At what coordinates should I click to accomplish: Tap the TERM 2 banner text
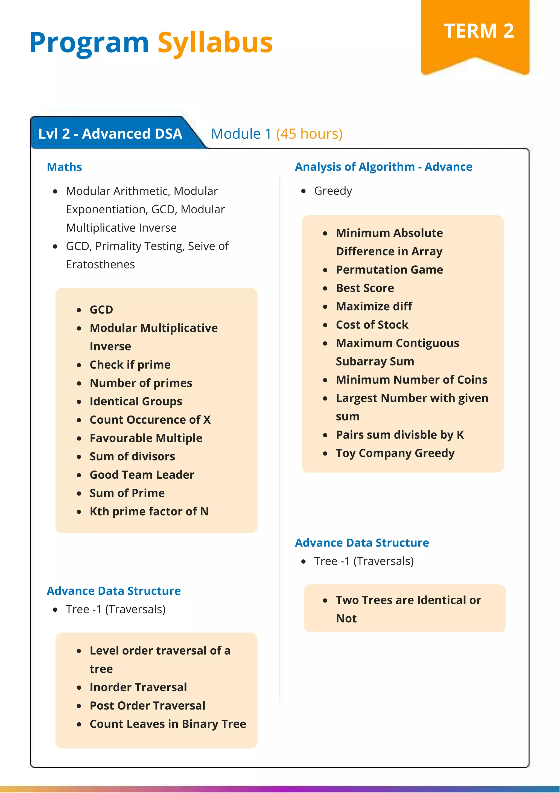pos(479,31)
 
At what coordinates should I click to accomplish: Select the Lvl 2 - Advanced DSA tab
pos(110,134)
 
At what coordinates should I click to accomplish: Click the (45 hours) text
pos(309,134)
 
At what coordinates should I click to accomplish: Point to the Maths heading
pos(64,167)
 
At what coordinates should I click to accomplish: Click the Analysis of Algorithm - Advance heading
pos(383,167)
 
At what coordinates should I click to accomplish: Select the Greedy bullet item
pos(333,191)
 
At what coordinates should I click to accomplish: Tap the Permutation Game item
pos(389,270)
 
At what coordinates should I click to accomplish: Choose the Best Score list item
pos(364,288)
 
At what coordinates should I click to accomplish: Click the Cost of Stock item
pos(372,325)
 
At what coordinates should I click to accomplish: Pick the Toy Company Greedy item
pos(395,453)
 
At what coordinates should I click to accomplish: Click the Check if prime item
pos(130,365)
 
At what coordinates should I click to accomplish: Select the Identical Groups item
pos(136,401)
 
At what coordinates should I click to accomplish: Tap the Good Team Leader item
pos(142,475)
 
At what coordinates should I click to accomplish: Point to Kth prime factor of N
pos(149,512)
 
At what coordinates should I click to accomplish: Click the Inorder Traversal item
pos(138,687)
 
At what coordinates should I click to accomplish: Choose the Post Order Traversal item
pos(147,706)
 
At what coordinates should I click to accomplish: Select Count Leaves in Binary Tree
pos(168,724)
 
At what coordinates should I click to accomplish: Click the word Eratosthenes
pos(100,265)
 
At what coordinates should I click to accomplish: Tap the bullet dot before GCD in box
pos(79,310)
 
